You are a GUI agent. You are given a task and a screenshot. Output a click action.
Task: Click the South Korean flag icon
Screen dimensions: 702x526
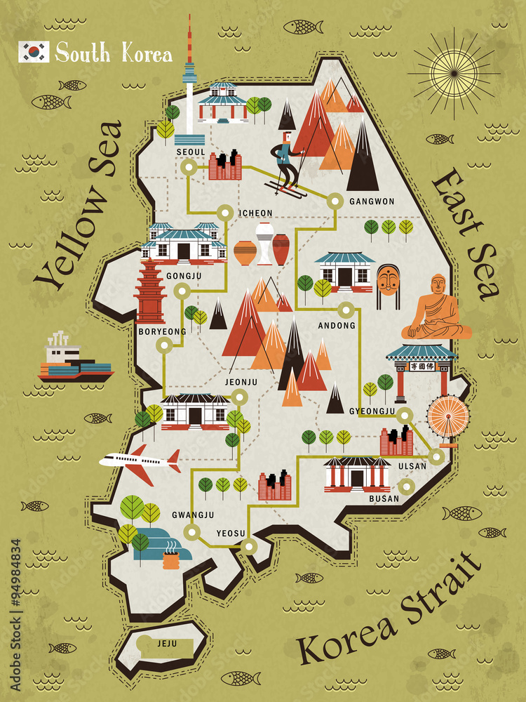[34, 52]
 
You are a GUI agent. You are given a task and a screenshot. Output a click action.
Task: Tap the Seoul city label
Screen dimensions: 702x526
[191, 152]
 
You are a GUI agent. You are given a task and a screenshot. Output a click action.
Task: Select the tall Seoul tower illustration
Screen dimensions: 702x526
[189, 84]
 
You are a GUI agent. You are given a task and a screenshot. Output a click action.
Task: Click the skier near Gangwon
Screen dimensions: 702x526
[284, 165]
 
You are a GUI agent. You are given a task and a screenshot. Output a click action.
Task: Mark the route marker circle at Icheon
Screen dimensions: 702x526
[225, 211]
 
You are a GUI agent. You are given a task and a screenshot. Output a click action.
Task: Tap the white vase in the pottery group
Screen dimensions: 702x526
[264, 244]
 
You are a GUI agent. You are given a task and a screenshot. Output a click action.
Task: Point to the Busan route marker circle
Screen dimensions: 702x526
[405, 486]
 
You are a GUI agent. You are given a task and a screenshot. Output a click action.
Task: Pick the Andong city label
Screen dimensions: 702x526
[337, 326]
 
